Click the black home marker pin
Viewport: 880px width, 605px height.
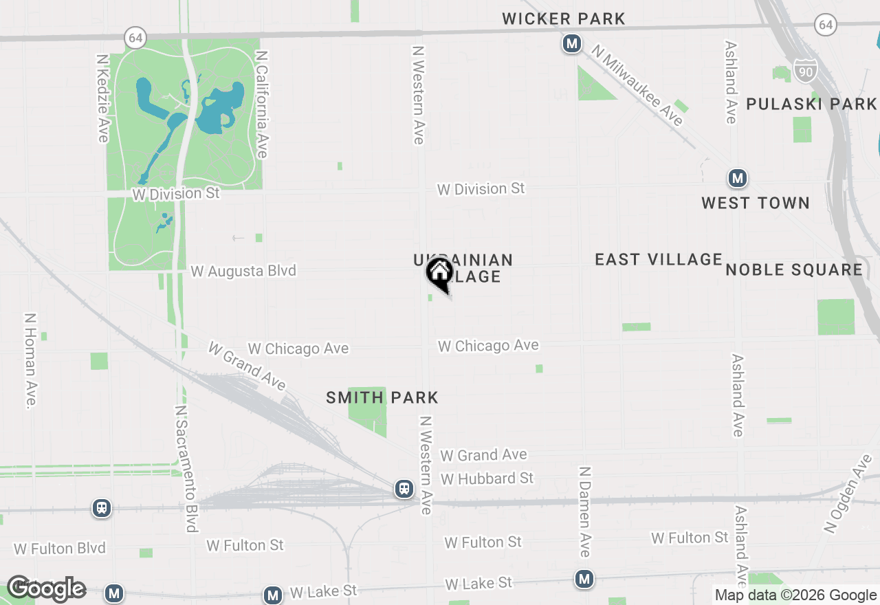(x=439, y=273)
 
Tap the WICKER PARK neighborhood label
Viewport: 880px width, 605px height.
(x=564, y=19)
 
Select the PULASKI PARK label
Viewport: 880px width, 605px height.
(x=811, y=104)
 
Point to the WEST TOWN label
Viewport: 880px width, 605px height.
(x=756, y=203)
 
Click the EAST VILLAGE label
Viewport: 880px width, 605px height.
(x=659, y=259)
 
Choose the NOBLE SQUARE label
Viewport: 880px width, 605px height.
(x=794, y=269)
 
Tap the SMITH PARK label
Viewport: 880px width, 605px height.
(x=382, y=397)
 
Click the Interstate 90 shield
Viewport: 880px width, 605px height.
(x=805, y=69)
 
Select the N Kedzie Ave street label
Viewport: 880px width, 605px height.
(x=103, y=99)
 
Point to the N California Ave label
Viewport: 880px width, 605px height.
(x=261, y=104)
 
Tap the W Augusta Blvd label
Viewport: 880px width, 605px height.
(x=243, y=271)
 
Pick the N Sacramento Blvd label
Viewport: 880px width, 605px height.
(x=186, y=468)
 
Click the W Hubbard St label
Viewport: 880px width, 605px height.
(x=487, y=478)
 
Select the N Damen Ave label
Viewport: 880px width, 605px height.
(x=584, y=511)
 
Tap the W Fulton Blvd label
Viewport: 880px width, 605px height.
(x=60, y=548)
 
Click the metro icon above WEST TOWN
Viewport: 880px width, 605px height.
(x=738, y=179)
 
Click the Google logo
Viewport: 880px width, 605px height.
(x=46, y=589)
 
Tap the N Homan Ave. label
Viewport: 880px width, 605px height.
(x=30, y=362)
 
